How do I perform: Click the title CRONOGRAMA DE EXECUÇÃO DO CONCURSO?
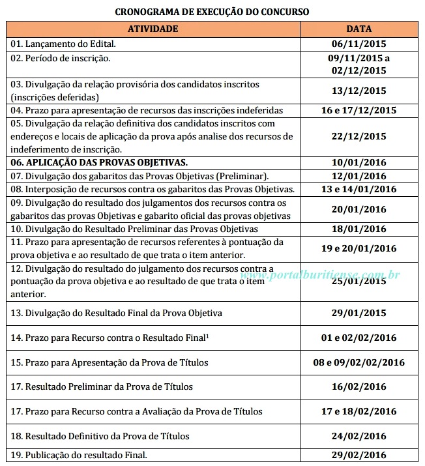coord(212,12)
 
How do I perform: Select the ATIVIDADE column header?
coord(153,29)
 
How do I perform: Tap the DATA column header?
coord(359,29)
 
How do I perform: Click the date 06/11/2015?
coord(359,44)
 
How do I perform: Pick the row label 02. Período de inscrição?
coord(61,59)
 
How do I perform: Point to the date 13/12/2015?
coord(359,91)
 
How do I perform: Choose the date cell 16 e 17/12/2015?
coord(359,110)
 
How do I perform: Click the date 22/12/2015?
coord(359,136)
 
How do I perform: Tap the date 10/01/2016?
coord(359,162)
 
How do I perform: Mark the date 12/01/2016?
coord(359,176)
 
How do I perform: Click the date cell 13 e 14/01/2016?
coord(359,189)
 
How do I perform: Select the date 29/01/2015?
coord(359,313)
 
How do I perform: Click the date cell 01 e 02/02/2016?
coord(359,338)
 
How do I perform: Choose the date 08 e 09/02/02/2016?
coord(359,362)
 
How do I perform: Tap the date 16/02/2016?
coord(359,386)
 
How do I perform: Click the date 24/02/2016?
coord(359,436)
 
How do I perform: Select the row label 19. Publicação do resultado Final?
coord(79,455)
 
